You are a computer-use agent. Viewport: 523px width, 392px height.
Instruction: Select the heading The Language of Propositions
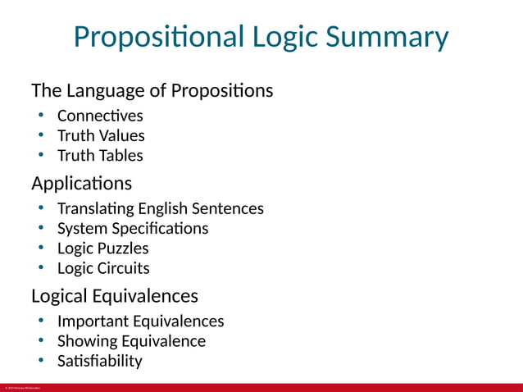[152, 90]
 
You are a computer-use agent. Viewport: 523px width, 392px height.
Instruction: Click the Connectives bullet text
[99, 116]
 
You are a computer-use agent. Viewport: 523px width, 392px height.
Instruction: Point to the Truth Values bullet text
[101, 135]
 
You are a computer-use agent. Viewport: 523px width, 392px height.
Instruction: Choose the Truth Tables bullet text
[100, 155]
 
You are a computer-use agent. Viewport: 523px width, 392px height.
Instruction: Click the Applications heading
[81, 182]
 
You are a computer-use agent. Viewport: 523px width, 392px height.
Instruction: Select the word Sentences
[229, 208]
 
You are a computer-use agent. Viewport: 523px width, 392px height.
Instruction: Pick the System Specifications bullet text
[133, 228]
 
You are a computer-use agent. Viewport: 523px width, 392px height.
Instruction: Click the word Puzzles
[121, 248]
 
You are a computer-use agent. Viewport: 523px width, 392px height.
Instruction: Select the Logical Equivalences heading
[114, 294]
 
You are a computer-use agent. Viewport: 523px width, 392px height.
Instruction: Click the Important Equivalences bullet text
[140, 321]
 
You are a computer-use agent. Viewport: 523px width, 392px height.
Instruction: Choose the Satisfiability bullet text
[99, 360]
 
